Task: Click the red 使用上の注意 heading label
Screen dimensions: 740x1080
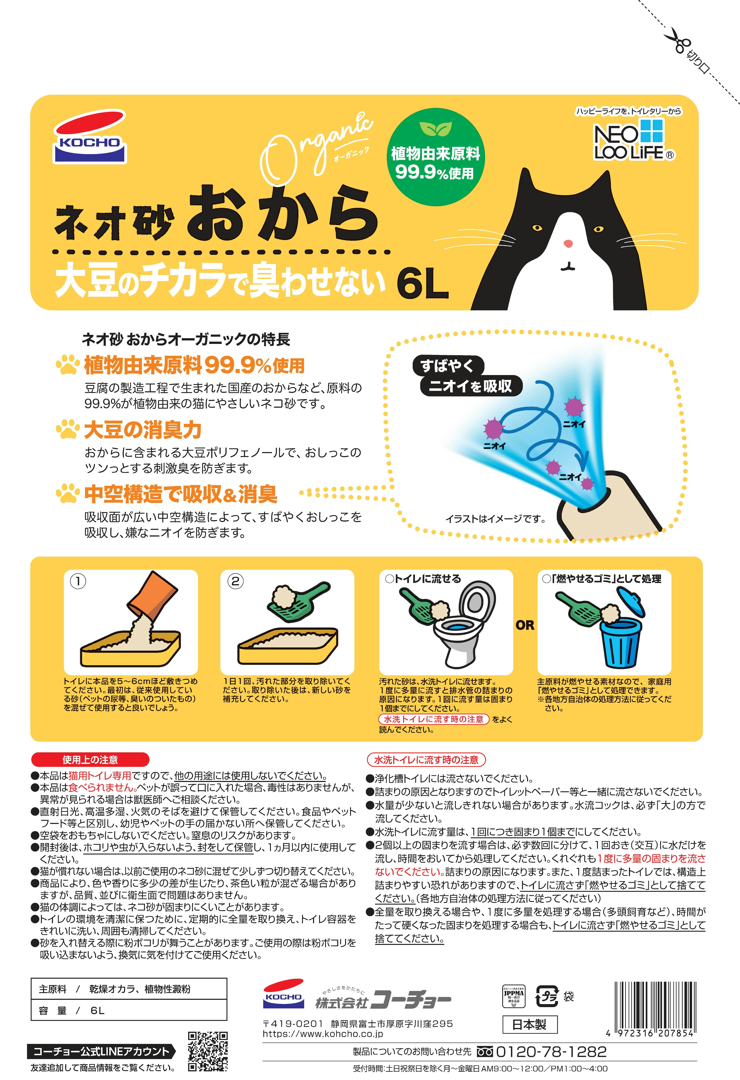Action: click(90, 760)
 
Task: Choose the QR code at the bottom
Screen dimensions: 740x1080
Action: click(208, 1052)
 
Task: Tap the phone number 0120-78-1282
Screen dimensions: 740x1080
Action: click(551, 1052)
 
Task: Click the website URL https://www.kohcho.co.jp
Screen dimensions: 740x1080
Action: click(323, 1034)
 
